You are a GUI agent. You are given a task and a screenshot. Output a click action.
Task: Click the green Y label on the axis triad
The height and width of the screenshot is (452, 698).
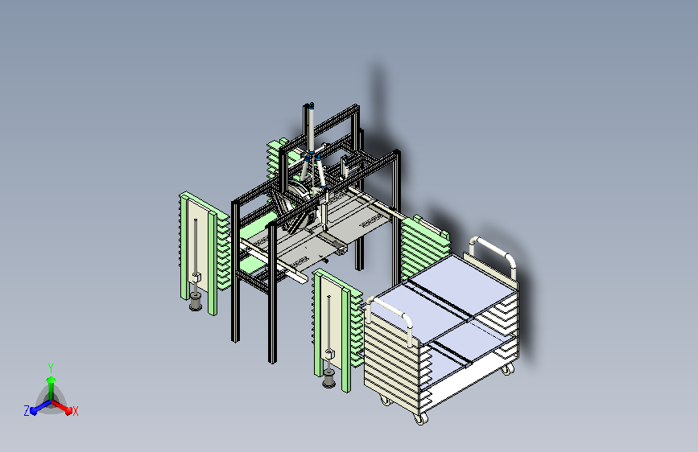tap(51, 368)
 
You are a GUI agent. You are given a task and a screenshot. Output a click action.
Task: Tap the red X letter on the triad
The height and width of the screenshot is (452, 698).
tap(75, 411)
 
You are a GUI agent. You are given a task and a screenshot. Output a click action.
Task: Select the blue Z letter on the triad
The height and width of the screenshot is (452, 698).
tap(27, 411)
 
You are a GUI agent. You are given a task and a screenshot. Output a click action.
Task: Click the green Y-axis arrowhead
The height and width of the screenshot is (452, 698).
tap(52, 380)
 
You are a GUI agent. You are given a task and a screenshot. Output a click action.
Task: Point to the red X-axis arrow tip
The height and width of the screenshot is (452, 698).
tap(68, 411)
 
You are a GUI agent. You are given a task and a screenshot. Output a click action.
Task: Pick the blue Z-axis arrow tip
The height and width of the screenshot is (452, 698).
tap(34, 411)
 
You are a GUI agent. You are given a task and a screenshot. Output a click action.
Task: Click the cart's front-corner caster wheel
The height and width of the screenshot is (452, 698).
tap(419, 418)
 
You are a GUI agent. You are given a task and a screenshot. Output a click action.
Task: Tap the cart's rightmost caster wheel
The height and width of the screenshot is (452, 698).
tap(508, 369)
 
